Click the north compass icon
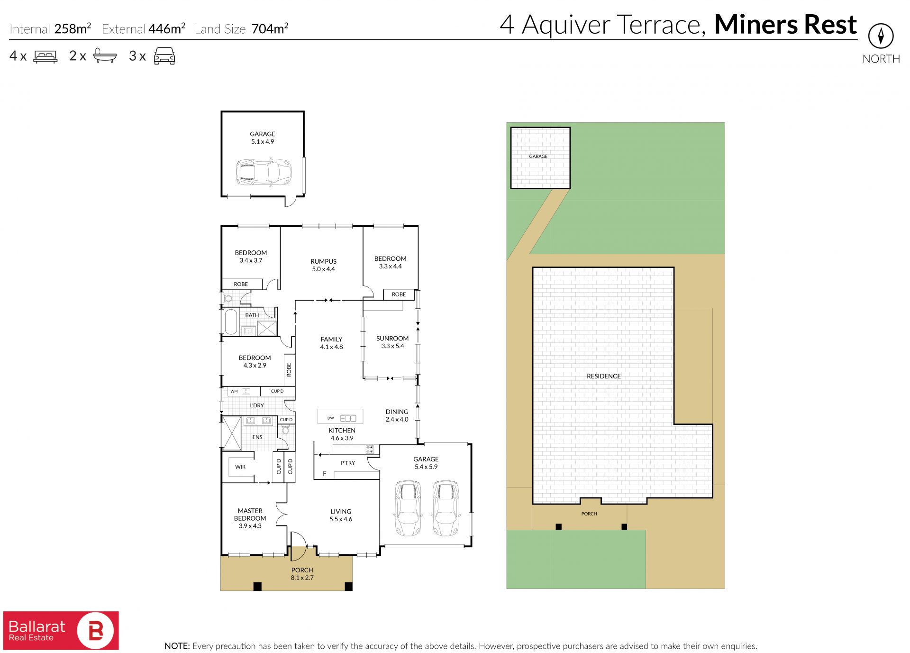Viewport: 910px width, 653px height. (x=881, y=36)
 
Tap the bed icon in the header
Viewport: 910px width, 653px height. (x=45, y=56)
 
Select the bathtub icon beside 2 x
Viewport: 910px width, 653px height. (x=105, y=55)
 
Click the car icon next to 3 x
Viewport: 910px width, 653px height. (x=164, y=56)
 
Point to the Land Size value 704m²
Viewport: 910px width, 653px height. (x=270, y=29)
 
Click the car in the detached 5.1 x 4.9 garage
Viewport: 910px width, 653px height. (x=264, y=172)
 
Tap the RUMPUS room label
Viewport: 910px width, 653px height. (x=323, y=261)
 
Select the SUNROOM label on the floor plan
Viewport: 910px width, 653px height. (x=392, y=338)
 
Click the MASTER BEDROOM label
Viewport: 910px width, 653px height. (x=250, y=515)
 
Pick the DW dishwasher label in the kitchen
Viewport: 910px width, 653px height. (x=331, y=418)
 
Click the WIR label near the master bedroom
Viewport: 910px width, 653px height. (x=240, y=467)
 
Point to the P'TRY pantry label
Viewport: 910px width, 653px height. (x=348, y=463)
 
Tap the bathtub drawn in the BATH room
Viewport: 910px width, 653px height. (x=231, y=322)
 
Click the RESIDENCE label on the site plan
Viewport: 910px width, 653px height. (x=603, y=376)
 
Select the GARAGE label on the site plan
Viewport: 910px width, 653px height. (x=538, y=156)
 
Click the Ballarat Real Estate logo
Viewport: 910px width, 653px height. (x=61, y=630)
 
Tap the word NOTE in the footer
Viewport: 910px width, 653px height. (x=177, y=646)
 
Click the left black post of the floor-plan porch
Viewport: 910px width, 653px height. (x=257, y=587)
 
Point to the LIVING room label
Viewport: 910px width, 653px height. (x=341, y=512)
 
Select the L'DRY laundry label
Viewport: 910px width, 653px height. (x=257, y=405)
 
